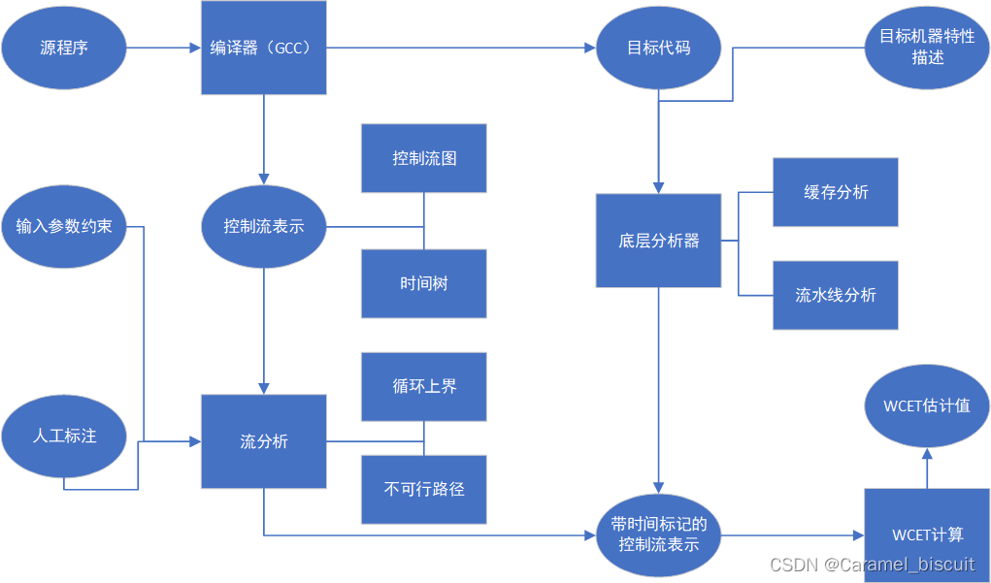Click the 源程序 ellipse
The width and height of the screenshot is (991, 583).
click(x=64, y=48)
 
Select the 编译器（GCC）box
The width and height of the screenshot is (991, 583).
click(x=263, y=48)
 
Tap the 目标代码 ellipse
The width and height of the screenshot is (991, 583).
click(x=658, y=48)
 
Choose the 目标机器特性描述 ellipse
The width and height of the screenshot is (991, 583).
click(x=927, y=48)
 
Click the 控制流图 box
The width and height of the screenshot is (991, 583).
click(x=424, y=158)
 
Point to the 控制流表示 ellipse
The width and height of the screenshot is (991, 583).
click(x=263, y=227)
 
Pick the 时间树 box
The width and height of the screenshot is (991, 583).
click(x=424, y=284)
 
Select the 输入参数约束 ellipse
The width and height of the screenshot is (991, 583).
click(x=64, y=227)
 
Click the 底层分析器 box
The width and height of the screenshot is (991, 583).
click(x=658, y=241)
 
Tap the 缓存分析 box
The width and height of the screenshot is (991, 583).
click(x=836, y=192)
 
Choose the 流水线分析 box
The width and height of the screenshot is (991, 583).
click(x=836, y=295)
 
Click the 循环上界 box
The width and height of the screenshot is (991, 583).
click(x=424, y=386)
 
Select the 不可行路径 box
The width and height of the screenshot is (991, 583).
click(x=424, y=489)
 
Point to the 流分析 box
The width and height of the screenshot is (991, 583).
click(x=263, y=441)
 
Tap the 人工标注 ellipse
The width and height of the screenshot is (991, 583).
click(x=64, y=436)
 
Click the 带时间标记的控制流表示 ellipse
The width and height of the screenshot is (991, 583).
click(x=658, y=534)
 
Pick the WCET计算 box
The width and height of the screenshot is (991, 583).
click(x=927, y=534)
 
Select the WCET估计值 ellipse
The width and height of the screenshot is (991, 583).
click(x=927, y=405)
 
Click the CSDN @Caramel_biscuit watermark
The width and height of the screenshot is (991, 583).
click(x=872, y=565)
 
